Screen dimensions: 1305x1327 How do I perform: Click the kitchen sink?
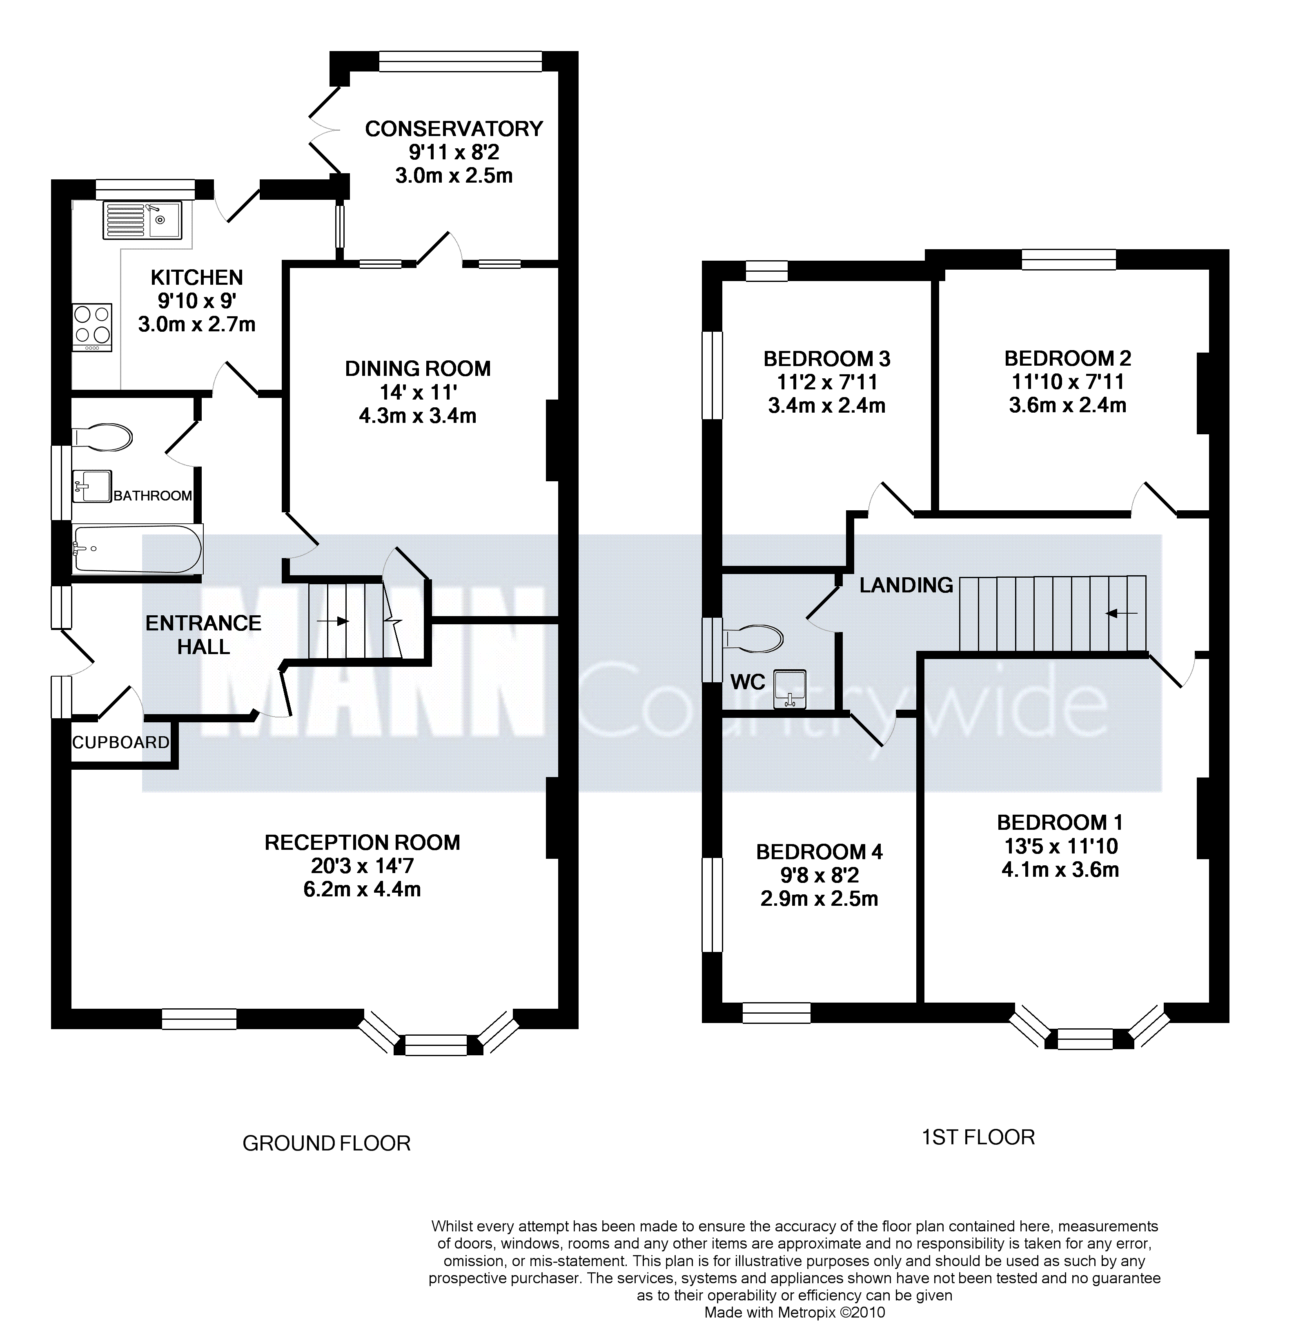[x=143, y=220]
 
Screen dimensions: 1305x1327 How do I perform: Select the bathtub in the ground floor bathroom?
[x=138, y=549]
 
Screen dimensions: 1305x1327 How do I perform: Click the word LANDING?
[x=906, y=585]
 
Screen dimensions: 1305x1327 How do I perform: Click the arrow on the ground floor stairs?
[x=334, y=621]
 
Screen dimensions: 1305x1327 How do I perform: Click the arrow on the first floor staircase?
[x=1122, y=613]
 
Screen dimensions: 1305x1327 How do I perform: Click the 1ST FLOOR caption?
[x=978, y=1137]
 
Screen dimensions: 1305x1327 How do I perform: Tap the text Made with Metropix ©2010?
[x=795, y=1313]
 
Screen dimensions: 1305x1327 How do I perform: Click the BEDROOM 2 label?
[x=1067, y=359]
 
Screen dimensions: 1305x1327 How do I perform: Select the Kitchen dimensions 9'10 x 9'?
[x=197, y=301]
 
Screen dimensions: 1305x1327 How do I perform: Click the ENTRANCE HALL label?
[x=204, y=634]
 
